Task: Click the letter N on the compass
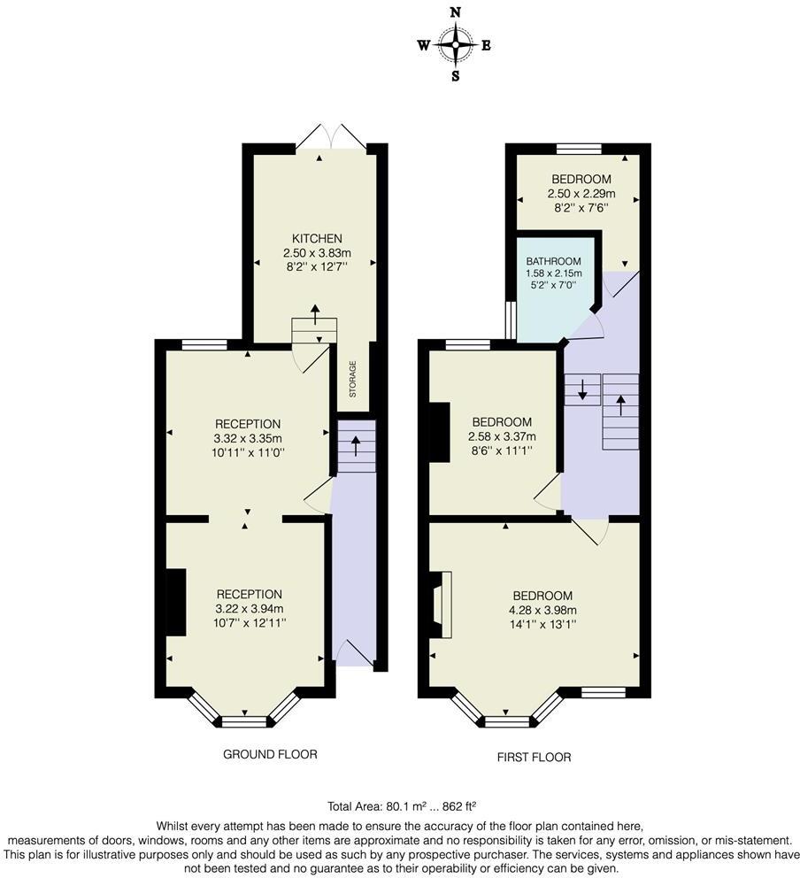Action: coord(456,12)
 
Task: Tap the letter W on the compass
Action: coord(424,45)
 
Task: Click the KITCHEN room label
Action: coord(317,239)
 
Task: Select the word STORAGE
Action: coord(353,379)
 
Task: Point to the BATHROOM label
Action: coord(553,261)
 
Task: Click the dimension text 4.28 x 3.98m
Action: coord(539,611)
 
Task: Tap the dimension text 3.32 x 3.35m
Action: coord(249,438)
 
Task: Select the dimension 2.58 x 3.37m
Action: coord(502,436)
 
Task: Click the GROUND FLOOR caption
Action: coord(271,754)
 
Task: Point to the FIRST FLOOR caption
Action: coord(535,757)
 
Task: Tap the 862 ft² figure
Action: coord(459,806)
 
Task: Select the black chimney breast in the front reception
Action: coord(176,603)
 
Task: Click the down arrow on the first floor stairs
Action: coord(582,389)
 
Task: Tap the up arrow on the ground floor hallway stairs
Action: coord(356,447)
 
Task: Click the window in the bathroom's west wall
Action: coord(510,321)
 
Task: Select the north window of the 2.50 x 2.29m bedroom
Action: coord(579,149)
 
